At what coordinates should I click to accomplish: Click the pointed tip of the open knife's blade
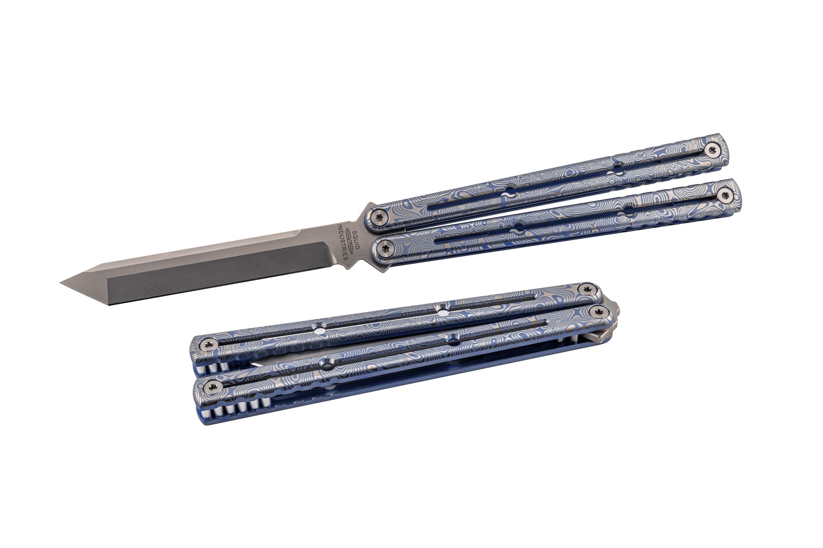click(60, 283)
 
